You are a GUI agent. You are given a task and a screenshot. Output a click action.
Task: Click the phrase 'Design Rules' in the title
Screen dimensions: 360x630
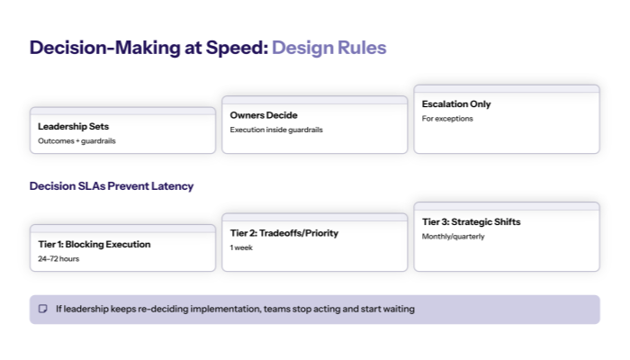[x=328, y=48]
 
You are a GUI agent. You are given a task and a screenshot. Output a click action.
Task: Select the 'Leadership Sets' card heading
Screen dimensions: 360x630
[x=73, y=126]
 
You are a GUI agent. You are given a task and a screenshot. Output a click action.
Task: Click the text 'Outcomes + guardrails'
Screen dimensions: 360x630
[x=76, y=141]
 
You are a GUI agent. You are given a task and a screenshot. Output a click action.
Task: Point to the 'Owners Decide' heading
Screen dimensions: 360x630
[x=264, y=115]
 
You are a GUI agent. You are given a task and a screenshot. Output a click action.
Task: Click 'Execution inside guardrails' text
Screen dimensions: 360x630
[x=276, y=130]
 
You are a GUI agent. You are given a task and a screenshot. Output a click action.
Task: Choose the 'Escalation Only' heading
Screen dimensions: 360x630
[x=456, y=104]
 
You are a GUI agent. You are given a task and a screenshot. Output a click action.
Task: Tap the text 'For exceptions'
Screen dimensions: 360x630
[x=447, y=119]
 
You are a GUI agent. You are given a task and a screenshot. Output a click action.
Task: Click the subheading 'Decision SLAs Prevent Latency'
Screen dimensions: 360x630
[x=112, y=186]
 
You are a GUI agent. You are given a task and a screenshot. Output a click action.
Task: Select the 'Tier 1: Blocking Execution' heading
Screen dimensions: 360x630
[x=94, y=244]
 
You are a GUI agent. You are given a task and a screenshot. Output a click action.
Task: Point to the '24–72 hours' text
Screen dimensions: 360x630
[x=58, y=258]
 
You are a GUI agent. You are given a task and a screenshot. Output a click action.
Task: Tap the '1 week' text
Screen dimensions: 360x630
[x=241, y=247]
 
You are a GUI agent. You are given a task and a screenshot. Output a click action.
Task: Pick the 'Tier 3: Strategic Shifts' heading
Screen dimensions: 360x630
[x=471, y=221]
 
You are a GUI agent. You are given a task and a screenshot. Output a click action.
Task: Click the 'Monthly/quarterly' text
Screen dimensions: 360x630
[x=454, y=237]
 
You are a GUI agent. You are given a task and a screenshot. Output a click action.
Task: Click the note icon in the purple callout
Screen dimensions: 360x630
[x=42, y=309]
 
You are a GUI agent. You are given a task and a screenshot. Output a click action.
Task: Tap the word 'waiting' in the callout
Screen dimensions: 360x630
[x=396, y=309]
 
